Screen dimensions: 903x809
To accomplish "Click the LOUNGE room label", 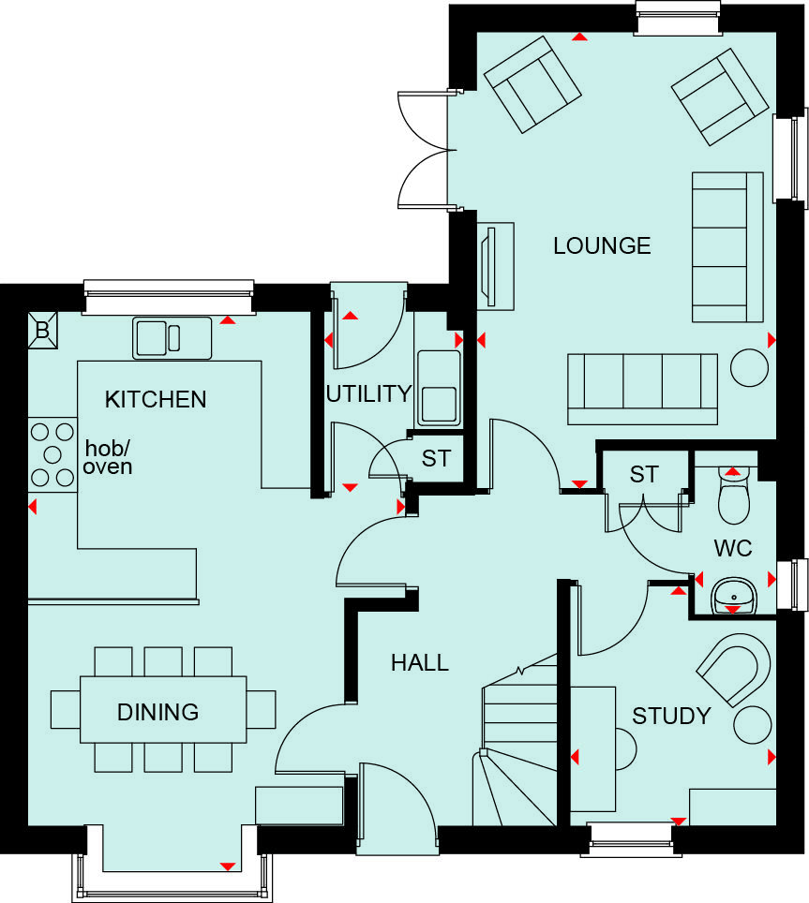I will click(602, 245).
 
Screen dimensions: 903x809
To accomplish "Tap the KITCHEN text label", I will click(156, 400).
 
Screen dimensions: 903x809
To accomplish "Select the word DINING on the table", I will click(157, 712).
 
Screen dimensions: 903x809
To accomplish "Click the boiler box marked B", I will click(42, 330).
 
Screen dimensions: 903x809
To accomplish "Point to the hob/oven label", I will click(107, 456).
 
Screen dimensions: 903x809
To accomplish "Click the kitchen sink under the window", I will click(172, 337).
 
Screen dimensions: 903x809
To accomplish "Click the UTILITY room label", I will click(368, 393).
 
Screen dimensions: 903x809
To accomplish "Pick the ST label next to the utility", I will click(435, 459).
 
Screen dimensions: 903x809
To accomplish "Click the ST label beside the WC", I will click(643, 474).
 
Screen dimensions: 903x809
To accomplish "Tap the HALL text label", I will click(419, 663).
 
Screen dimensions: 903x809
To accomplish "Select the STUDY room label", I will click(671, 717).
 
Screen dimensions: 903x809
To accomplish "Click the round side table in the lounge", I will click(749, 366).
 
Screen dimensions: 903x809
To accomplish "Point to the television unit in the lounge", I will click(495, 266).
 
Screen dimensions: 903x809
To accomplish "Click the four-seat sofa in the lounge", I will click(642, 381).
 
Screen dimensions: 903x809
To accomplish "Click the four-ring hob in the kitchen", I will click(52, 454).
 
